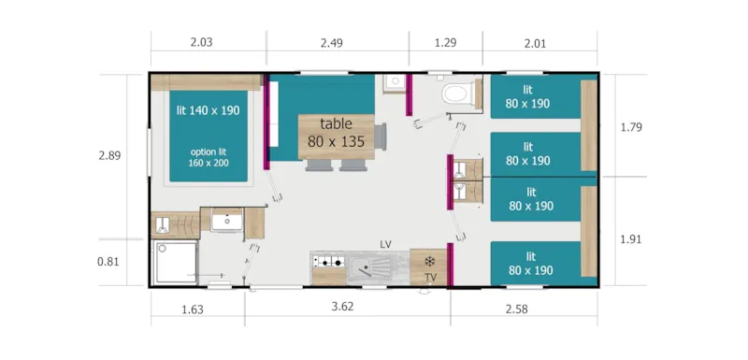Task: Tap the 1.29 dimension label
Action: pyautogui.click(x=446, y=41)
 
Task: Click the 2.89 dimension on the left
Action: pyautogui.click(x=110, y=155)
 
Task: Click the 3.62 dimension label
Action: pyautogui.click(x=344, y=306)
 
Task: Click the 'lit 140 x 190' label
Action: pyautogui.click(x=208, y=109)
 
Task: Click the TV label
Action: pyautogui.click(x=430, y=278)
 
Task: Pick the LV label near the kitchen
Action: pyautogui.click(x=385, y=244)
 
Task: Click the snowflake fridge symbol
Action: pyautogui.click(x=430, y=261)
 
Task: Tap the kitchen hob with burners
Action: pyautogui.click(x=329, y=263)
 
